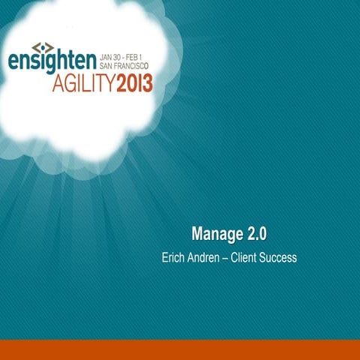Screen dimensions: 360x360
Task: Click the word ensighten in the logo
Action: [52, 61]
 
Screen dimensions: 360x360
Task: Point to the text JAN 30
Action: [112, 55]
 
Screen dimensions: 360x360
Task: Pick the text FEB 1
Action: [139, 55]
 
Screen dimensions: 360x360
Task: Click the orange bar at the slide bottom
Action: [180, 349]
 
